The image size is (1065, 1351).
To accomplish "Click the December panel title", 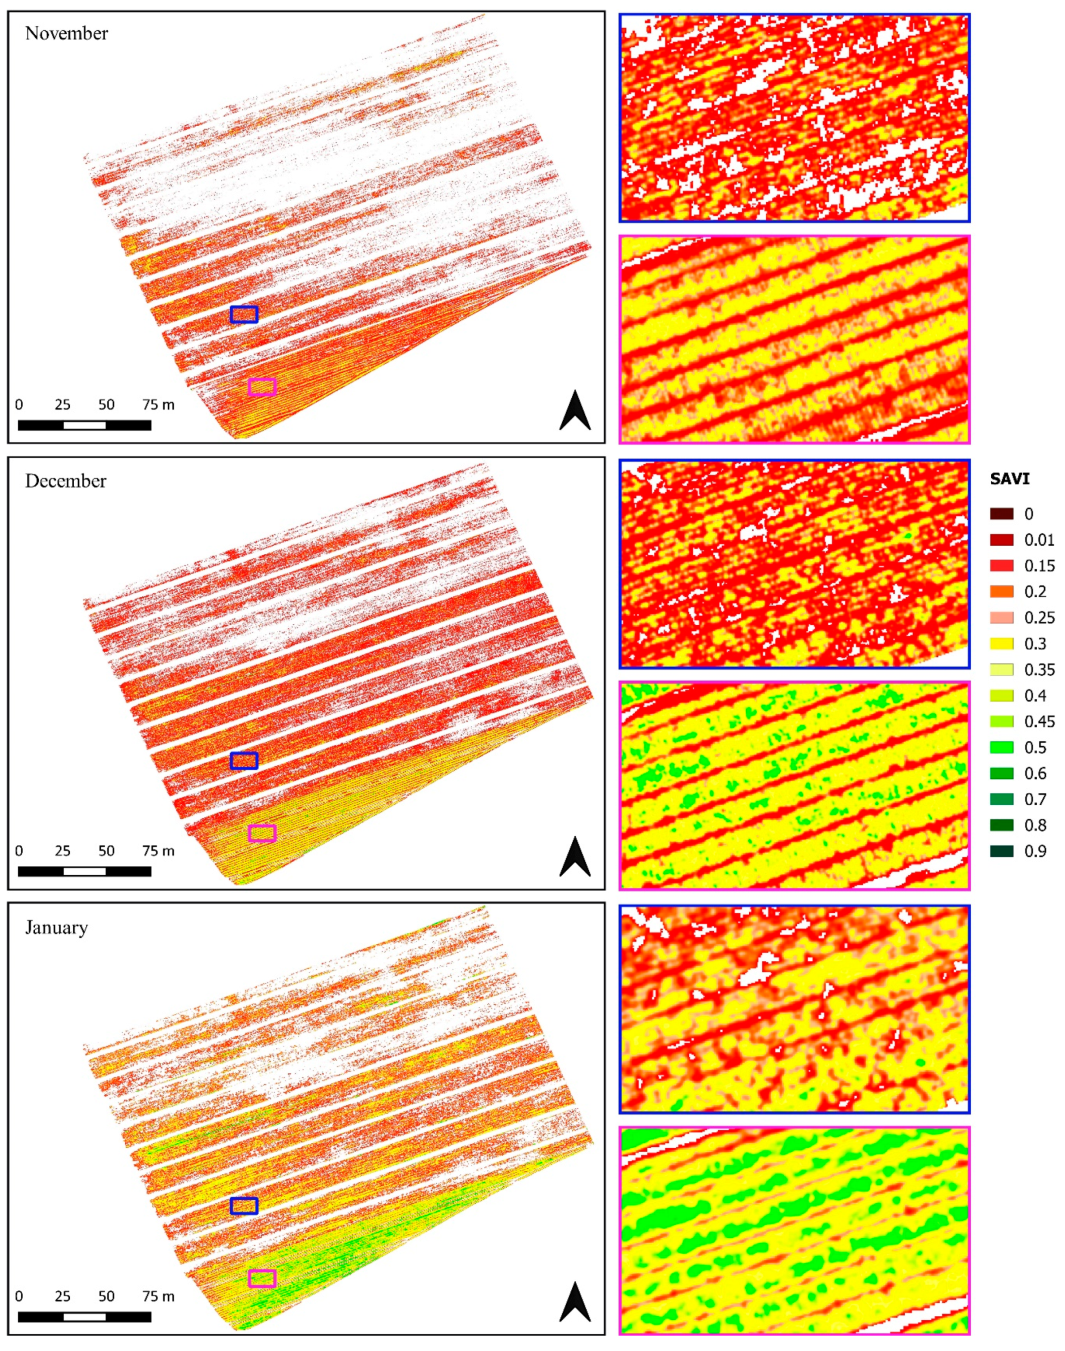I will click(x=66, y=481).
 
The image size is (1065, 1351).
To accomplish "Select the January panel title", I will click(x=56, y=928).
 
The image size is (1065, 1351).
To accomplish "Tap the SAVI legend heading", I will click(x=1010, y=479).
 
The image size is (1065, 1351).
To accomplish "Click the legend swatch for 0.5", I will click(x=1001, y=748).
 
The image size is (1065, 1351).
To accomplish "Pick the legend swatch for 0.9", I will click(x=1001, y=851).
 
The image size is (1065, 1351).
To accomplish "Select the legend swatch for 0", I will click(x=1001, y=514).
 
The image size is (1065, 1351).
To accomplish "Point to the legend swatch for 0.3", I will click(x=1001, y=643).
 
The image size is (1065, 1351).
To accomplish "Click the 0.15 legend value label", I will click(x=1039, y=566).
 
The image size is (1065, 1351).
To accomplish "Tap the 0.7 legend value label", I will click(x=1035, y=799).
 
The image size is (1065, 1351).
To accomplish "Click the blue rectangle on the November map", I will click(x=244, y=314).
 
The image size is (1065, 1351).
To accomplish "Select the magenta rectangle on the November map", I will click(x=262, y=387).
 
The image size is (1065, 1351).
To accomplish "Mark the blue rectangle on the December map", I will click(x=244, y=761).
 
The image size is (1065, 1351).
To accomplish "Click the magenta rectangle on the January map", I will click(x=262, y=1279).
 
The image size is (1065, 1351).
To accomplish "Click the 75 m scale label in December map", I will click(x=158, y=851).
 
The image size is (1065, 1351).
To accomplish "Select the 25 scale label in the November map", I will click(x=62, y=405).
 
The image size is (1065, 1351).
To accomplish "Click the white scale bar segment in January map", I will click(x=85, y=1317).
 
